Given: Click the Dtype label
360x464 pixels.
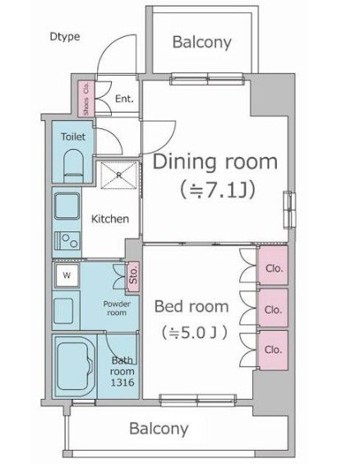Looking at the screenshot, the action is tap(65, 37).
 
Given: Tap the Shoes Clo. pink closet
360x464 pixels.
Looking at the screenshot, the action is tap(86, 98).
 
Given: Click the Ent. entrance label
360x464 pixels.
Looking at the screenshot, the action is tap(124, 99).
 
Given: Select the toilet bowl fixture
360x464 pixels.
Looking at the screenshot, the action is tap(73, 165).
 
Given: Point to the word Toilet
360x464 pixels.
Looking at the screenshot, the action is tap(73, 137).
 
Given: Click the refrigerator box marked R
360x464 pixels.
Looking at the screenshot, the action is tap(119, 175).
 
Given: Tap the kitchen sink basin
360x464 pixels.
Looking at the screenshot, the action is tap(67, 206).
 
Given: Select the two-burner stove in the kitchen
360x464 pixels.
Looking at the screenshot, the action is tap(67, 240).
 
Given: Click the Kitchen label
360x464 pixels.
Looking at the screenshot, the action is tap(110, 219).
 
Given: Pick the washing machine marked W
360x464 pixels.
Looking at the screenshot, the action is tap(67, 276).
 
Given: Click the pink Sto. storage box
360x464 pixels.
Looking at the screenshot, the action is tap(133, 276).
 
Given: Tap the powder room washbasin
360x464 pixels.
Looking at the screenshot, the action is tap(63, 311).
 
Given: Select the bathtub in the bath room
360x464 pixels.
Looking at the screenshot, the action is tap(76, 366).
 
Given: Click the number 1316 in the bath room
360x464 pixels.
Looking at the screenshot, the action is tap(122, 383).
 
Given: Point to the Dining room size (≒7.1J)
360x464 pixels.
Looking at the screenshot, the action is tap(217, 190).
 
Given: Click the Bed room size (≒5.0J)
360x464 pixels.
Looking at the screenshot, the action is tap(194, 332).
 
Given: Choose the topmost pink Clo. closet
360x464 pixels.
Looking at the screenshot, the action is tap(274, 266).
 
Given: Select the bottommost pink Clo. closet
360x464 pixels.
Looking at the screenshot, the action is tap(274, 350).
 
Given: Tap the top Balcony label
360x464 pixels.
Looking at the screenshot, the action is tap(202, 42).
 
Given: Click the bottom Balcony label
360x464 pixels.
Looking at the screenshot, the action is tap(159, 429).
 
